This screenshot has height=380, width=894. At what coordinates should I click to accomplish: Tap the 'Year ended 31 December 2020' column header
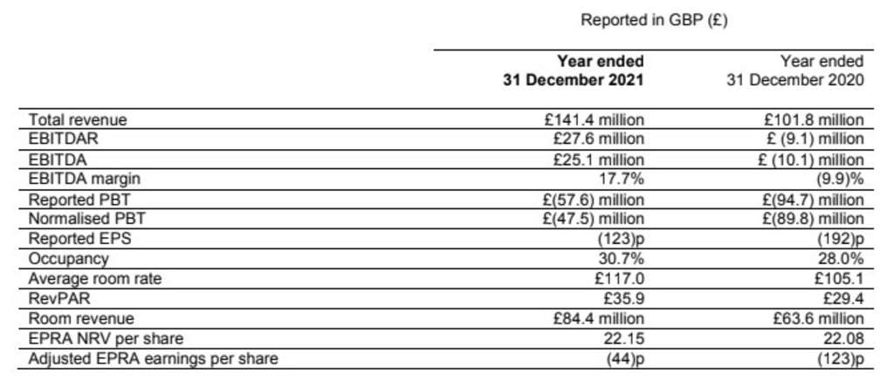(x=795, y=71)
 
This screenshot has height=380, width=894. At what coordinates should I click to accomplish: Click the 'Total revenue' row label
(x=79, y=120)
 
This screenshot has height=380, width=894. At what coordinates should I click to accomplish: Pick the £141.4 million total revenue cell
(x=593, y=120)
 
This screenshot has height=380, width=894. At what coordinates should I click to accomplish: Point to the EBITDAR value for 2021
(x=598, y=139)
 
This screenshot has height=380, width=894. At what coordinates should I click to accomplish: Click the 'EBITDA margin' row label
(x=85, y=180)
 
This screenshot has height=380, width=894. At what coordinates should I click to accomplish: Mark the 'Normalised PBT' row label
(x=81, y=219)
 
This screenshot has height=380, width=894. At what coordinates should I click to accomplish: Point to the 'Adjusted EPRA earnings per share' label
(x=154, y=358)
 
